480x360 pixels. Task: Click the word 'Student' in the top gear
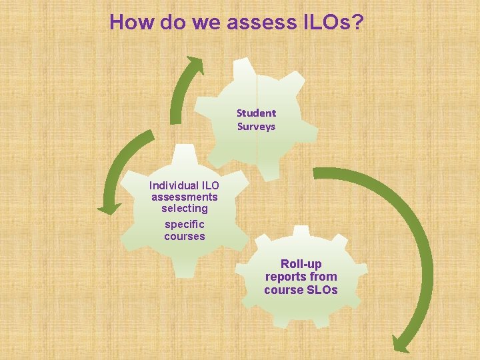(x=256, y=113)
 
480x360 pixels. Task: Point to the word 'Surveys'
(x=256, y=127)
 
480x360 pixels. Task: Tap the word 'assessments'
(x=185, y=197)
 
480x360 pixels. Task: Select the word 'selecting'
(x=185, y=209)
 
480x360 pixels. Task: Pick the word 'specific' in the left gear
(x=185, y=225)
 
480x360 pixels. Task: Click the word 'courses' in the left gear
(x=185, y=237)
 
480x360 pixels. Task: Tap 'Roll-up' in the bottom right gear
(x=301, y=264)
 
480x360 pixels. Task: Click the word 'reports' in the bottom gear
(x=286, y=277)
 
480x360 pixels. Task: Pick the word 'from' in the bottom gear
(x=323, y=277)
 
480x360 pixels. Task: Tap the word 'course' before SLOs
(x=283, y=290)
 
